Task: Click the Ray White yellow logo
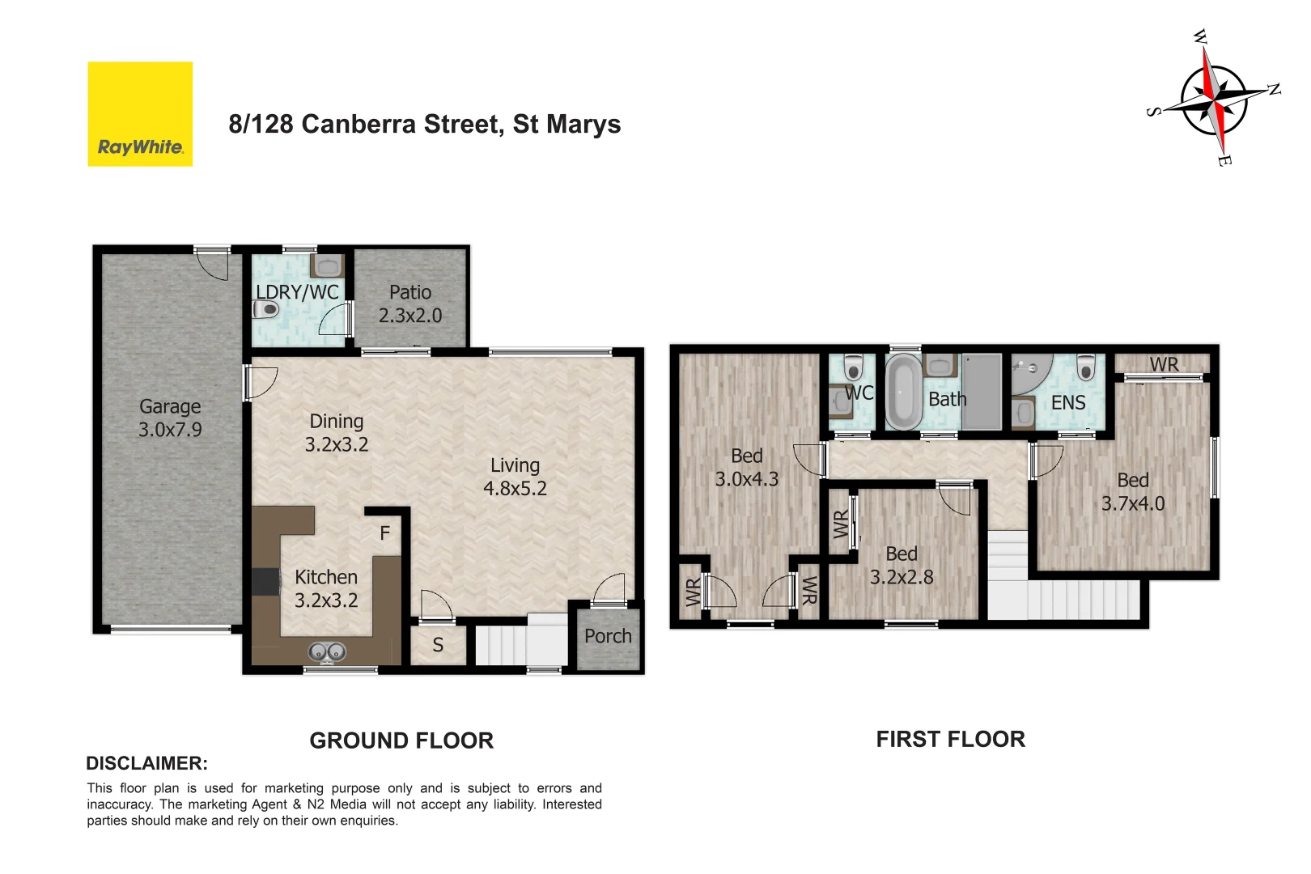click(x=140, y=114)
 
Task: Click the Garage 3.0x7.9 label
click(x=170, y=418)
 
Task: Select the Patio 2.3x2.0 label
click(x=410, y=304)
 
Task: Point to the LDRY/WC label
click(x=297, y=292)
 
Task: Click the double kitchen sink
click(x=327, y=651)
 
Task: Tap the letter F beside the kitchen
click(x=385, y=533)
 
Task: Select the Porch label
click(x=608, y=637)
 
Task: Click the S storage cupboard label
click(x=438, y=645)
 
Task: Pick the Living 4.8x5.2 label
click(x=515, y=477)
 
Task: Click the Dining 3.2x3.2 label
click(x=337, y=433)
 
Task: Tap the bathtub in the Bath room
click(x=904, y=392)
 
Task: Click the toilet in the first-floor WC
click(x=853, y=368)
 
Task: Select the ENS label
click(x=1068, y=403)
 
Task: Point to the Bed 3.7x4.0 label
click(x=1133, y=492)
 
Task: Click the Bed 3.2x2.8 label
click(x=902, y=566)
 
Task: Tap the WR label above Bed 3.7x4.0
click(x=1164, y=365)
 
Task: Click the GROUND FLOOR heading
click(x=401, y=740)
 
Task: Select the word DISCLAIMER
click(x=146, y=763)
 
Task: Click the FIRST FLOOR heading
click(x=950, y=739)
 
